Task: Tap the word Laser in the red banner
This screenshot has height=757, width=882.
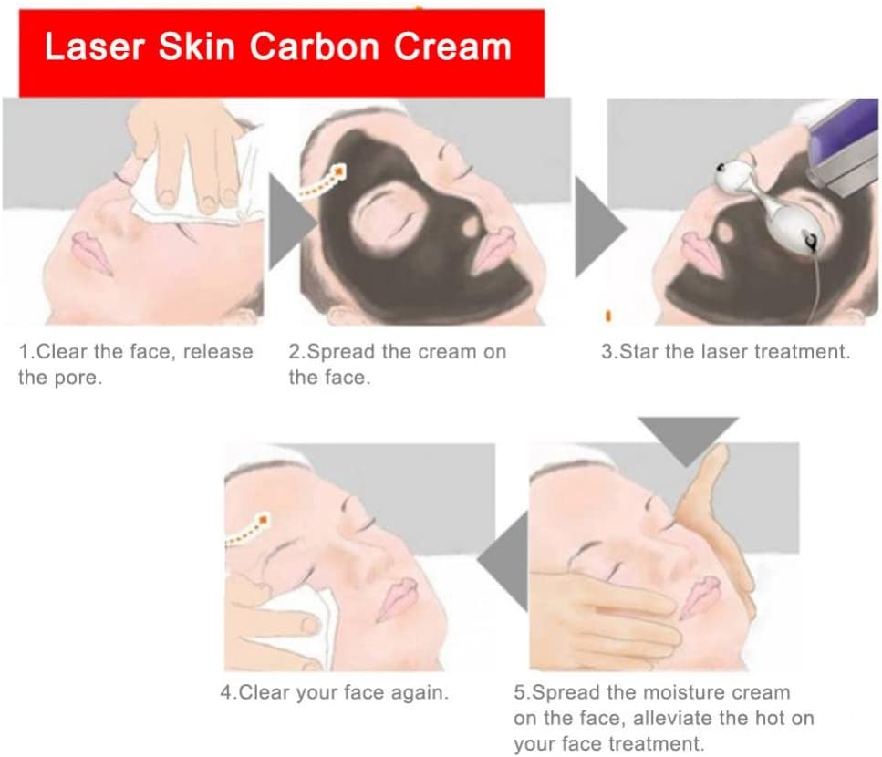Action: click(95, 47)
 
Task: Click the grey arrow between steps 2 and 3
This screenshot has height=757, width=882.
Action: click(599, 227)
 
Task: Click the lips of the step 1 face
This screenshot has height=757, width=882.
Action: click(90, 252)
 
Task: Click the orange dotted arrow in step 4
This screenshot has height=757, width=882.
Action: click(247, 530)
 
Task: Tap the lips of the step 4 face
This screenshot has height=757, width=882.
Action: click(399, 597)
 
